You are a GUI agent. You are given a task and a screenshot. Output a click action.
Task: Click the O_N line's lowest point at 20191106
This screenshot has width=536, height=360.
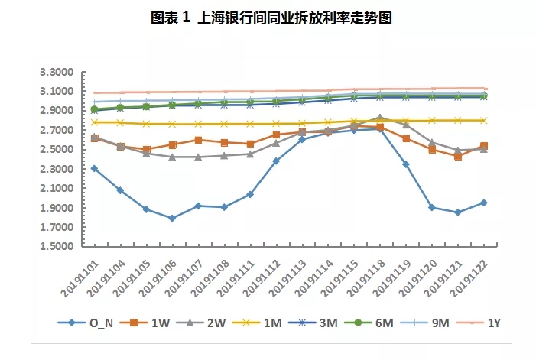point(172,218)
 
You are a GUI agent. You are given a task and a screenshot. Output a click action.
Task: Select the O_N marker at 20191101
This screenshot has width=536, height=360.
point(94,168)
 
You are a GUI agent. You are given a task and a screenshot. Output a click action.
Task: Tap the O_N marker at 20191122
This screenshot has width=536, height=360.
point(483,203)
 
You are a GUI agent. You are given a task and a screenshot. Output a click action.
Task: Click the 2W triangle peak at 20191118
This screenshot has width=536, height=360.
point(380,118)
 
